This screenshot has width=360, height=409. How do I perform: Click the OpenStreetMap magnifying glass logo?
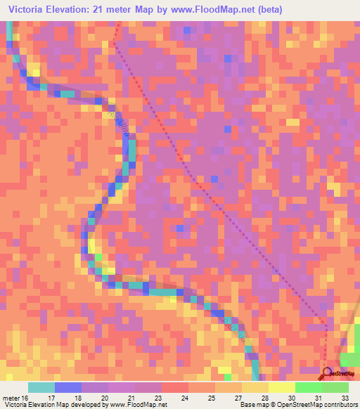click(327, 373)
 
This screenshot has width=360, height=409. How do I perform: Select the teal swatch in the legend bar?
click(41, 387)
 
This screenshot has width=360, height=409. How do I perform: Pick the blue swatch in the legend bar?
click(67, 387)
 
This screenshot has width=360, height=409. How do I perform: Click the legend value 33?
click(344, 398)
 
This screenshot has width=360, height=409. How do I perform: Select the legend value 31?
click(317, 398)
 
